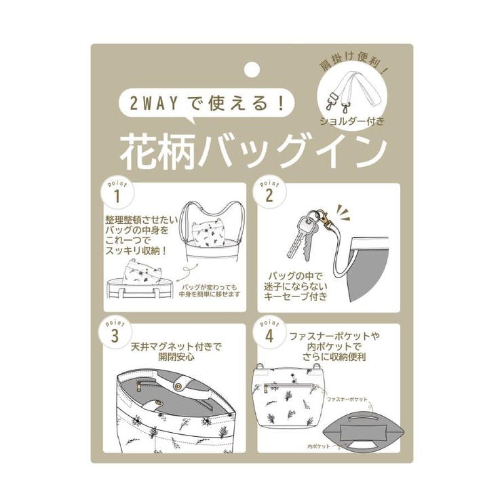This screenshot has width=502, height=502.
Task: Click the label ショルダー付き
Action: (x=352, y=122)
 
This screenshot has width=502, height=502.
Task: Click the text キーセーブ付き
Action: (x=296, y=296)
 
